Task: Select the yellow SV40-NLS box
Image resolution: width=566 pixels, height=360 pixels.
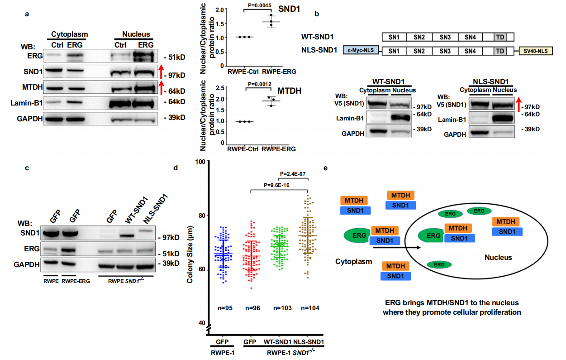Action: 536,51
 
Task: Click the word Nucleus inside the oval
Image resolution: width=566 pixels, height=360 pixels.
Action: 498,257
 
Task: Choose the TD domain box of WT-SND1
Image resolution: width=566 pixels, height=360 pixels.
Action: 500,37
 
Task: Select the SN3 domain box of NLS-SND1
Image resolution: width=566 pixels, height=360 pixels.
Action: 446,51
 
